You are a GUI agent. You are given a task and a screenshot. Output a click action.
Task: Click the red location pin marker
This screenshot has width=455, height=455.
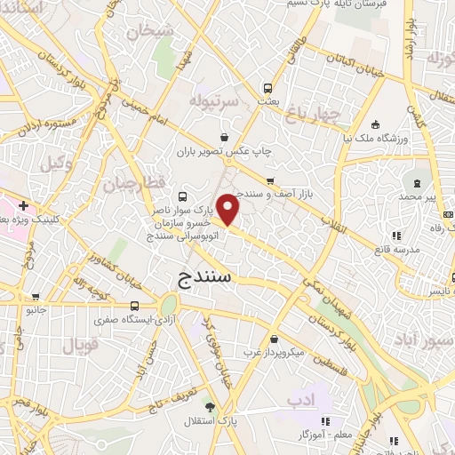pyautogui.click(x=230, y=209)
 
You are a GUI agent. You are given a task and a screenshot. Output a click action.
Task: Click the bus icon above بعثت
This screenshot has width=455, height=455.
pyautogui.click(x=267, y=89)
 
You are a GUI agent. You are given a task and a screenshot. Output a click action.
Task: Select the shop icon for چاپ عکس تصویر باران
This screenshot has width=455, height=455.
pyautogui.click(x=223, y=137)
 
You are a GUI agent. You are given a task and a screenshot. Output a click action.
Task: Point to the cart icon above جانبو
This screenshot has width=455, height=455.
pyautogui.click(x=36, y=297)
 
